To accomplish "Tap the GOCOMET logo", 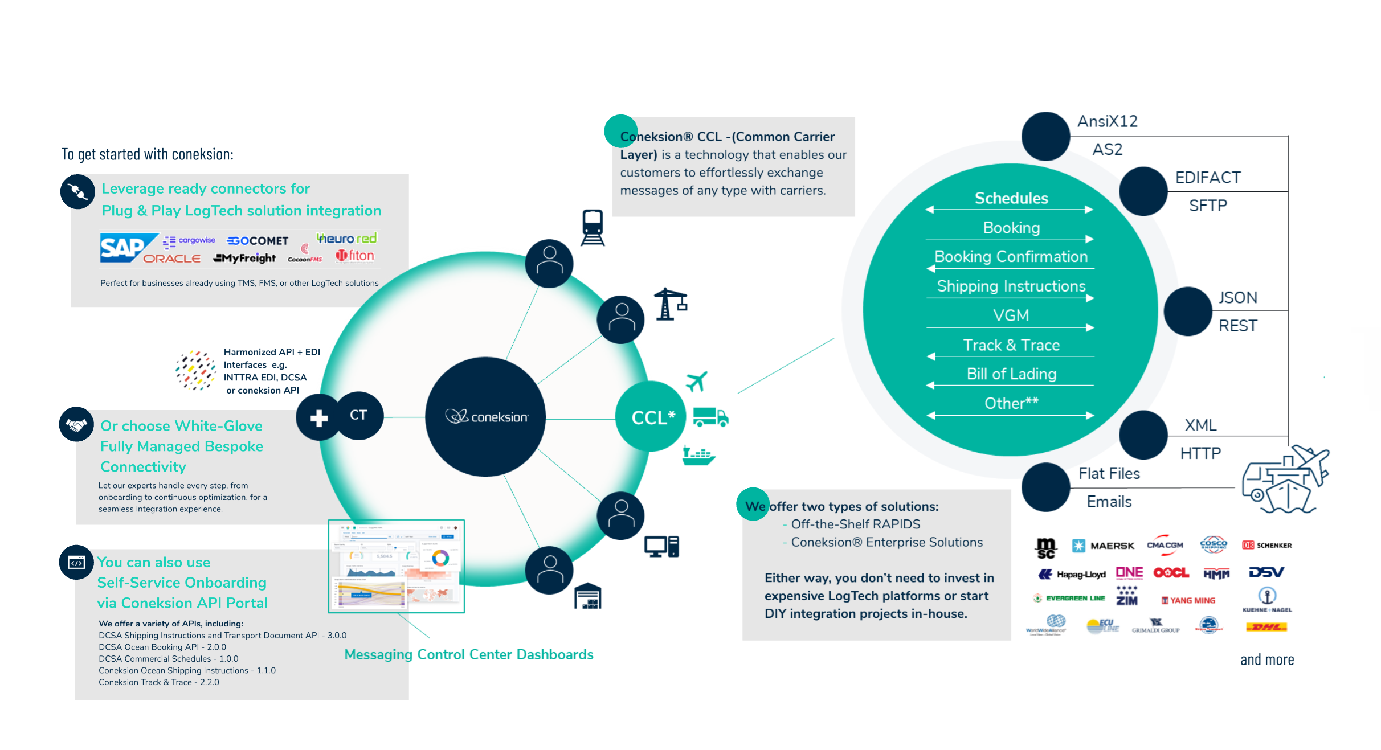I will point(258,241).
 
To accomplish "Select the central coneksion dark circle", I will point(485,417).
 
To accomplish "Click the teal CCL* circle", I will point(651,417).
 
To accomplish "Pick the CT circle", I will point(358,415).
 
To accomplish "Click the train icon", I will point(593,227).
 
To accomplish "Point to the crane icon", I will point(670,304).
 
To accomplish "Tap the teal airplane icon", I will point(696,381).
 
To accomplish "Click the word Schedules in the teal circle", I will point(1011,198).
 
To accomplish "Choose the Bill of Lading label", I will point(1011,374).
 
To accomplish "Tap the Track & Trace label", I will point(1011,345).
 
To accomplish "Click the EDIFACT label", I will point(1208,178).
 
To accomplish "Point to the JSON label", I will point(1237,298).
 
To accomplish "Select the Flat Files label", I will point(1109,474).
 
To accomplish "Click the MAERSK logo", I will point(1104,546).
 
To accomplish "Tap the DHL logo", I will point(1266,627).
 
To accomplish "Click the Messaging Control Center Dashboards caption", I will point(469,655).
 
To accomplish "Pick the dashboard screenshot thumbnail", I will point(397,566).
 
